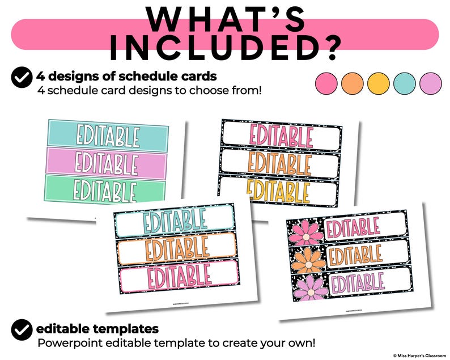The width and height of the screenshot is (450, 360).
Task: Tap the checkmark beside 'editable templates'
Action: click(x=22, y=329)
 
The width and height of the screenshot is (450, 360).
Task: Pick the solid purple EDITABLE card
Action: click(x=106, y=163)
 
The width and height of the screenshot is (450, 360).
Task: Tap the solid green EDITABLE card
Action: click(x=106, y=189)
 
